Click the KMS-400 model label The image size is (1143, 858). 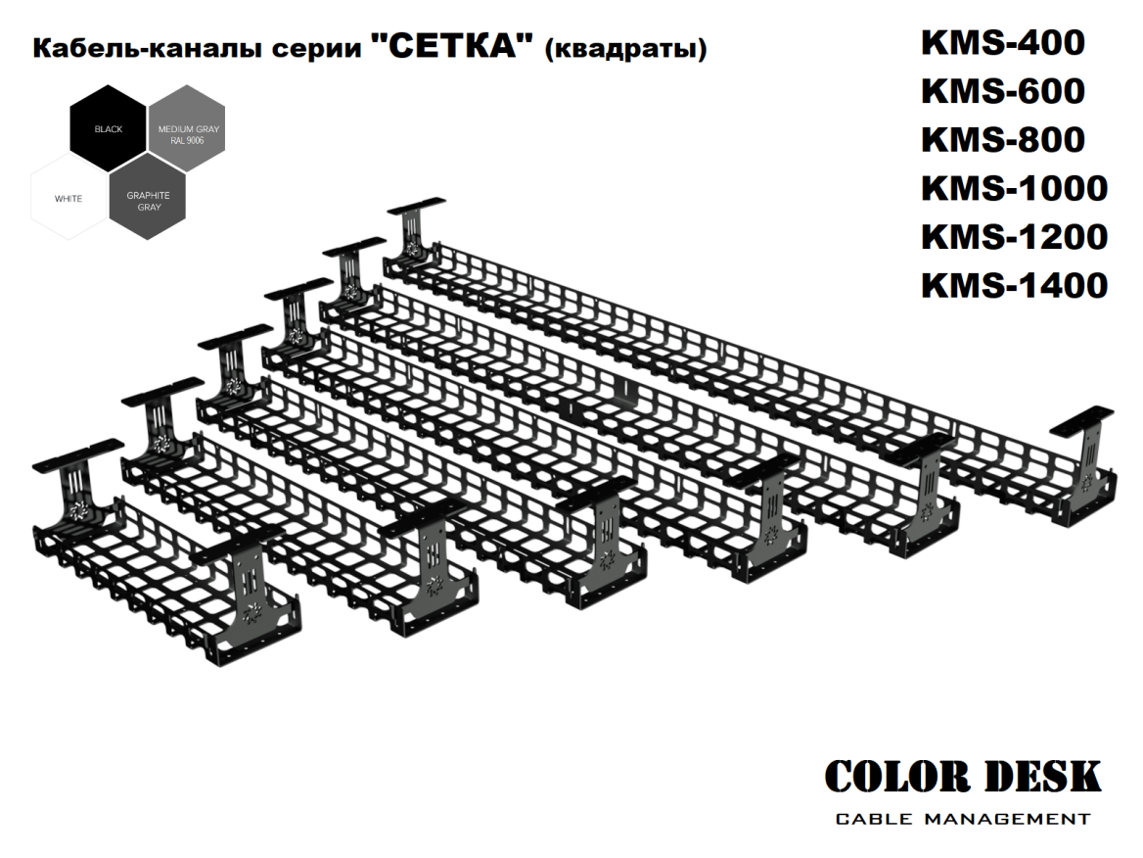(x=1002, y=43)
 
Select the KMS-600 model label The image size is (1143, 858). (x=1002, y=91)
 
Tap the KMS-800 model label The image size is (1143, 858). (x=1002, y=140)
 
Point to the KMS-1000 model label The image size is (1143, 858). (x=1014, y=188)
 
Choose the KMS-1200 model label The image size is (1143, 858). (x=1014, y=237)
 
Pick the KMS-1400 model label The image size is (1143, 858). (x=1014, y=285)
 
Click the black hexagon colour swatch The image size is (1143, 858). (x=109, y=129)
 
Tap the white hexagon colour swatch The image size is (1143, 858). (x=69, y=199)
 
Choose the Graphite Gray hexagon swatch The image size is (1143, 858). (x=148, y=201)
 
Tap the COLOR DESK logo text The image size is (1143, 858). (x=963, y=778)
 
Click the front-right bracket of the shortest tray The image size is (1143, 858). (x=249, y=597)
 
